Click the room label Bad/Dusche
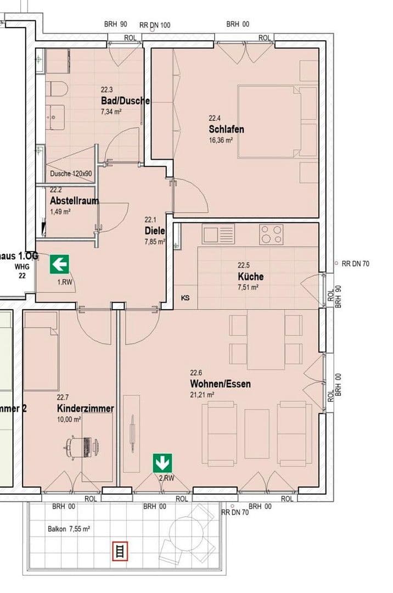(125, 101)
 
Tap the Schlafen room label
(226, 130)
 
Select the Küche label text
(250, 277)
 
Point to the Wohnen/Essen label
(220, 384)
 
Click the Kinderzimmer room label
(85, 409)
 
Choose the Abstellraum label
(74, 200)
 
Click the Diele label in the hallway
(155, 231)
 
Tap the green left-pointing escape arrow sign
(59, 265)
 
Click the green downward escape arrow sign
(162, 462)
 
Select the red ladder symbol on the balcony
(119, 550)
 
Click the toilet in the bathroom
(56, 89)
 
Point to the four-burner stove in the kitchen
(272, 234)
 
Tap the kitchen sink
(218, 234)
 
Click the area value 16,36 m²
(220, 141)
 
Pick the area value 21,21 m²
(202, 394)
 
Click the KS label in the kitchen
(186, 298)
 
